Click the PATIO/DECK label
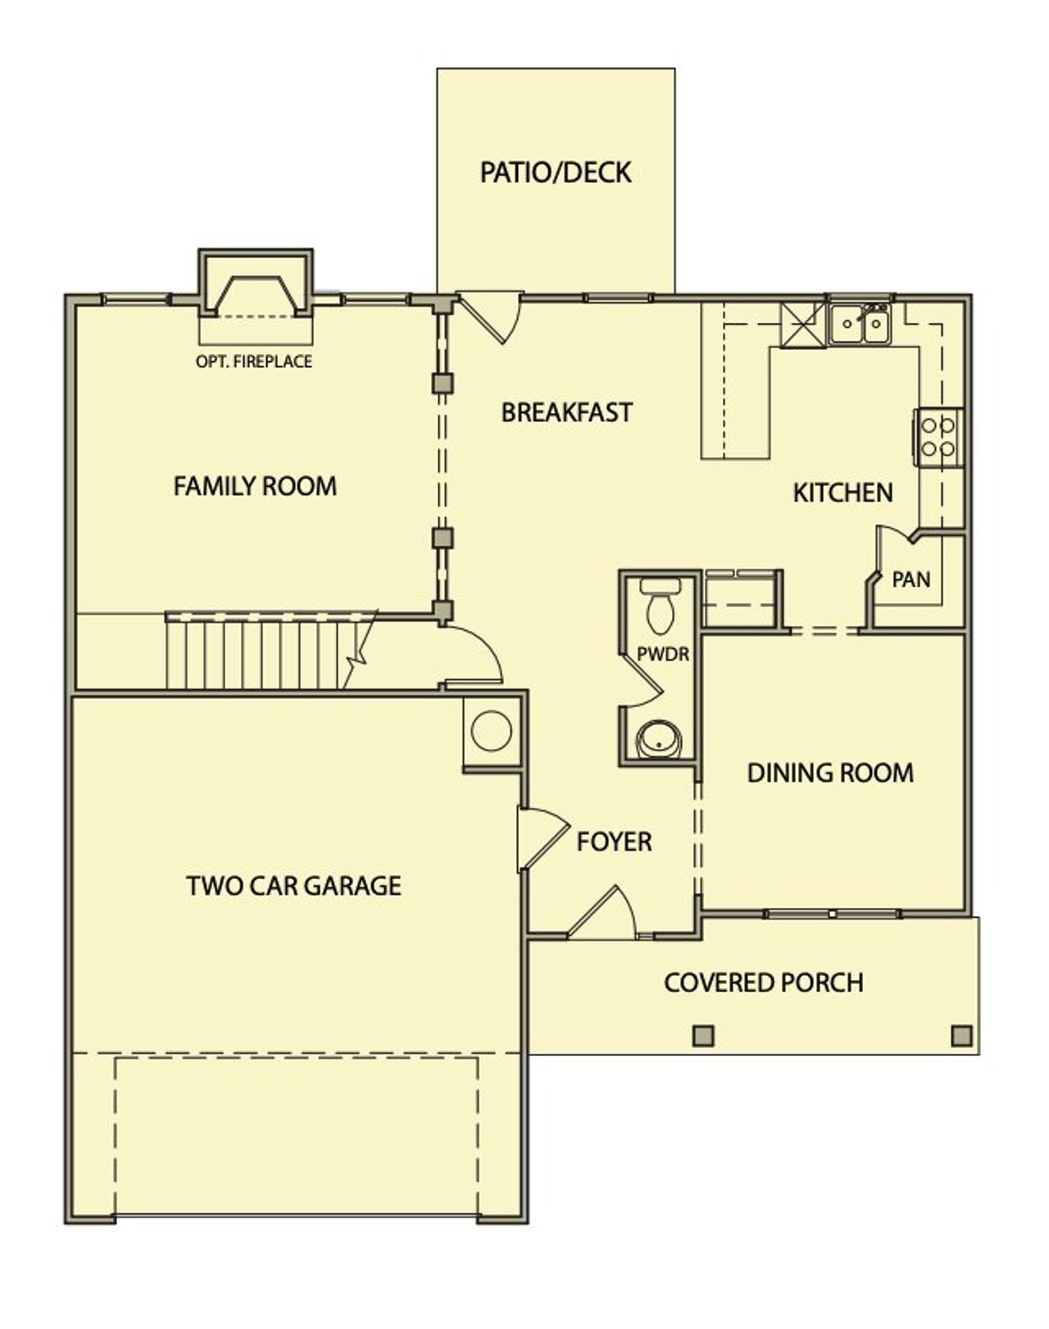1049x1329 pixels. pyautogui.click(x=556, y=173)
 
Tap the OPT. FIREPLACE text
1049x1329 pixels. pyautogui.click(x=254, y=361)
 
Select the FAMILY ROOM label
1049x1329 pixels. pyautogui.click(x=255, y=487)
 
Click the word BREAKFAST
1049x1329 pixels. pyautogui.click(x=567, y=412)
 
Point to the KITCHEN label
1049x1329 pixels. pyautogui.click(x=842, y=493)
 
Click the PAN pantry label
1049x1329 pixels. pyautogui.click(x=911, y=580)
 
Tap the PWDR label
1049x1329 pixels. pyautogui.click(x=663, y=655)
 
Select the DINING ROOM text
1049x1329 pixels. pyautogui.click(x=830, y=773)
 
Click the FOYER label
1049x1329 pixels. pyautogui.click(x=614, y=842)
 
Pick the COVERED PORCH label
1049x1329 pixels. pyautogui.click(x=763, y=982)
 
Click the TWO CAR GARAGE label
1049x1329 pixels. pyautogui.click(x=293, y=886)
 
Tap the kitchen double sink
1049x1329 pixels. pyautogui.click(x=860, y=324)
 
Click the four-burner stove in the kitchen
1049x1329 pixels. pyautogui.click(x=939, y=438)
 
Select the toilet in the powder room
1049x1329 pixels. pyautogui.click(x=660, y=605)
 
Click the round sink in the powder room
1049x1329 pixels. pyautogui.click(x=659, y=740)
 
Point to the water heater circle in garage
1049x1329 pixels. pyautogui.click(x=492, y=730)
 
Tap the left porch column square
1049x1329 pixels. pyautogui.click(x=703, y=1036)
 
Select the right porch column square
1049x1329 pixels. pyautogui.click(x=961, y=1036)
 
